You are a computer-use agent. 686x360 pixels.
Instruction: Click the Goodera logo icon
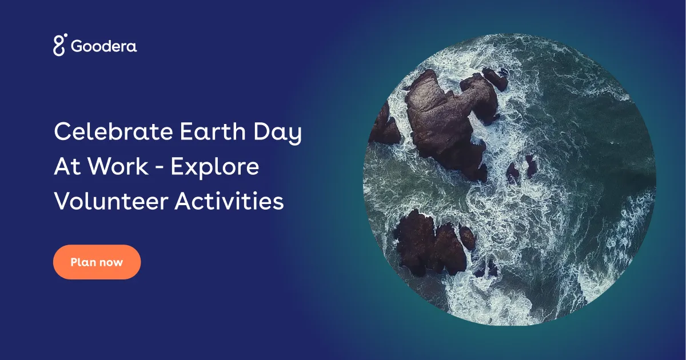(x=60, y=45)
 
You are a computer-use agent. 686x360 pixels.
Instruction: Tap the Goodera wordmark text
(x=104, y=46)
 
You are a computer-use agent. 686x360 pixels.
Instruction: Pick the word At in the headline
(x=65, y=167)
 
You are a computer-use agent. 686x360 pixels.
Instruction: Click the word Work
(x=115, y=167)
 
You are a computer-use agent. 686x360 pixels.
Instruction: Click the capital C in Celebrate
(x=62, y=132)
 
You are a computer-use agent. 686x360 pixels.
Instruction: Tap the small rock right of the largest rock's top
(x=494, y=79)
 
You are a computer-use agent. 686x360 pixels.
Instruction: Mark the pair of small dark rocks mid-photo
(x=521, y=169)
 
